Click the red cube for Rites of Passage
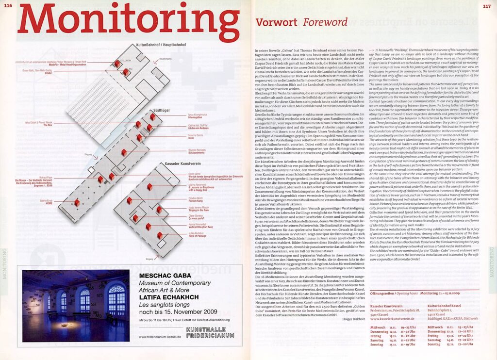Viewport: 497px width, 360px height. click(x=159, y=235)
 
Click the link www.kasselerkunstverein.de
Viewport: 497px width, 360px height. click(x=393, y=319)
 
